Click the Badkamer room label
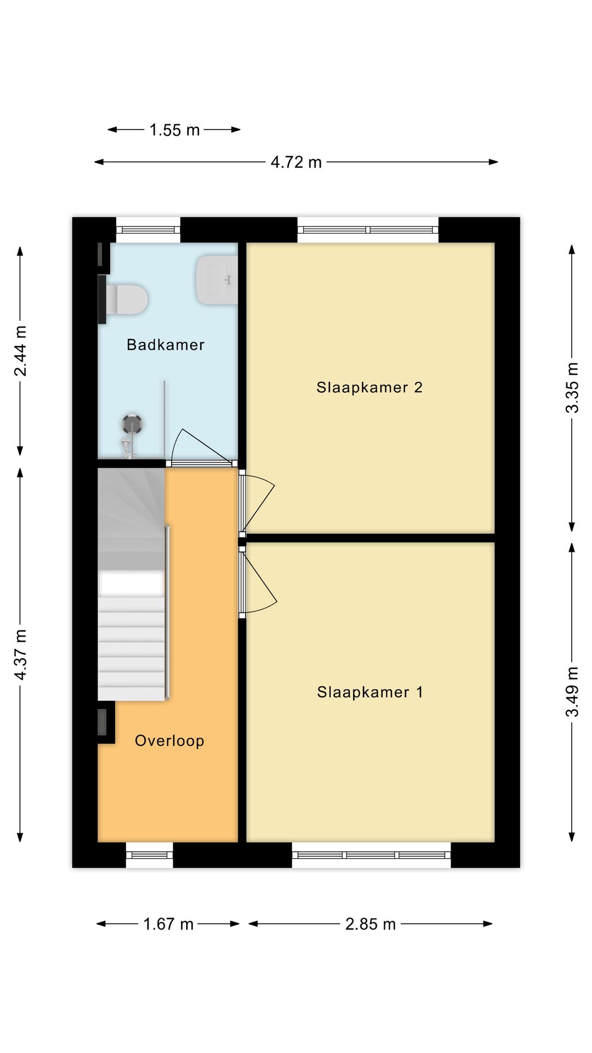click(166, 344)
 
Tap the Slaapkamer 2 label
click(369, 387)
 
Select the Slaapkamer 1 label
click(370, 692)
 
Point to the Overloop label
click(169, 740)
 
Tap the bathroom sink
click(217, 280)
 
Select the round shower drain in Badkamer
click(132, 424)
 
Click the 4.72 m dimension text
click(296, 162)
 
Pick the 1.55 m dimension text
click(174, 130)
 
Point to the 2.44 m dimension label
click(20, 351)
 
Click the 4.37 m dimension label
click(20, 655)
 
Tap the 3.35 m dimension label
click(572, 388)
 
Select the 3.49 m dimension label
click(572, 692)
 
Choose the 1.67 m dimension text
click(168, 924)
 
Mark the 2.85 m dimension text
click(371, 924)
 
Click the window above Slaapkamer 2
click(368, 230)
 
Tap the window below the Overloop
click(150, 855)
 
